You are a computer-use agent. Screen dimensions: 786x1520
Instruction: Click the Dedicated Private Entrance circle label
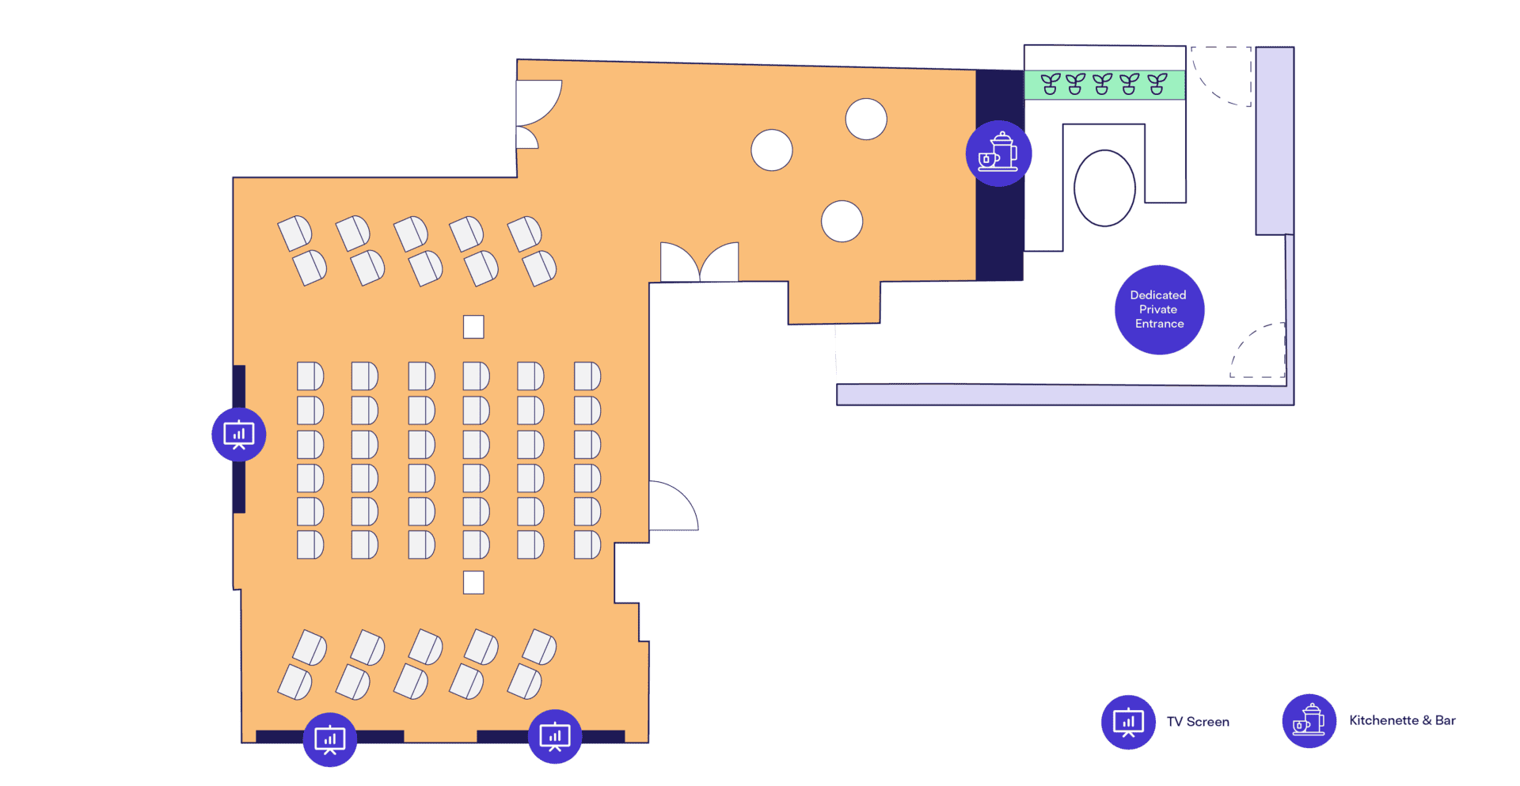(x=1159, y=309)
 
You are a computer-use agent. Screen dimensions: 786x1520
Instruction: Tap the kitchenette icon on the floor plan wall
(x=998, y=154)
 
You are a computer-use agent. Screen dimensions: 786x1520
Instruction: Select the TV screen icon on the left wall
(x=238, y=435)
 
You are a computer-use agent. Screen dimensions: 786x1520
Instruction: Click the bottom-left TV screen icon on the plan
(x=330, y=739)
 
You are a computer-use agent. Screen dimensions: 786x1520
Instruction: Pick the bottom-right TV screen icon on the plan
(x=555, y=737)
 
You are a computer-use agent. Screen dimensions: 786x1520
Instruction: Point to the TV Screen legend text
(x=1198, y=722)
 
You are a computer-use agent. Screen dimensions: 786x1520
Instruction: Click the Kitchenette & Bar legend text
(x=1402, y=720)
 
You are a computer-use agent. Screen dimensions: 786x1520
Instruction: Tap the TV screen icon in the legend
(x=1128, y=722)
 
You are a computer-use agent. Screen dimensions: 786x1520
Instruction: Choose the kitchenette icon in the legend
(x=1309, y=721)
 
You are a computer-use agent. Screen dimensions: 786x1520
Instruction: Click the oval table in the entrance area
(x=1104, y=188)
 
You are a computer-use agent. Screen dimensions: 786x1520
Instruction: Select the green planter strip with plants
(x=1104, y=85)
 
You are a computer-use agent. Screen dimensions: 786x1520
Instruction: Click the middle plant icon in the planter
(x=1102, y=84)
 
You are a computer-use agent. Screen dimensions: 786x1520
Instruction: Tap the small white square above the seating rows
(x=473, y=327)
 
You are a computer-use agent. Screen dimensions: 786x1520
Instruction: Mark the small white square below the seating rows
(x=473, y=583)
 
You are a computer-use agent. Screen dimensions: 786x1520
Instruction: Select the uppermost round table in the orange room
(x=866, y=120)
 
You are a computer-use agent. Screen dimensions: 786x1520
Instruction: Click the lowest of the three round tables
(x=842, y=221)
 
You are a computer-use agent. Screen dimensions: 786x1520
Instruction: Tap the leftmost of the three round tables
(x=772, y=150)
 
